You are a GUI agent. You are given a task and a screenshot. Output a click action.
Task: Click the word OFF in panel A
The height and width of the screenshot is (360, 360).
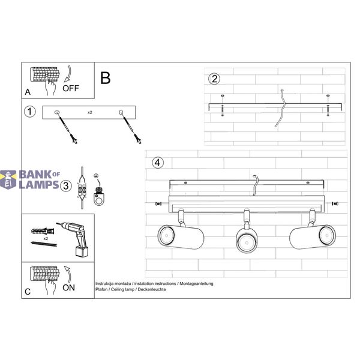[x=71, y=88]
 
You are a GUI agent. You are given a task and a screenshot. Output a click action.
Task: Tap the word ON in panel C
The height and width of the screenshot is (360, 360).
[x=68, y=287]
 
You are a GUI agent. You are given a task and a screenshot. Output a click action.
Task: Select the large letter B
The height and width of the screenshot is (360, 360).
[x=106, y=78]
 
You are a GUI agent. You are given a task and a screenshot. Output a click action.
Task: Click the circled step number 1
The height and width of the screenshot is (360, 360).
[x=30, y=112]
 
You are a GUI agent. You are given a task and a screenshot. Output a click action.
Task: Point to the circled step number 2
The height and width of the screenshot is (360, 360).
[x=214, y=79]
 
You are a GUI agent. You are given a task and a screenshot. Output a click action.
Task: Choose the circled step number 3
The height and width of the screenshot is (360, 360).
[x=66, y=185]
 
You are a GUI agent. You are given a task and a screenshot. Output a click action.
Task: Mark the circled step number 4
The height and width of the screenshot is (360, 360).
[x=158, y=163]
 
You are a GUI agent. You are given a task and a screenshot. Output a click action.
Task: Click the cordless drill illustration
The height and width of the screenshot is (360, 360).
[x=74, y=238]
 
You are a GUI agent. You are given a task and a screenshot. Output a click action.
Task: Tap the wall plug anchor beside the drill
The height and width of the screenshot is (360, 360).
[x=43, y=230]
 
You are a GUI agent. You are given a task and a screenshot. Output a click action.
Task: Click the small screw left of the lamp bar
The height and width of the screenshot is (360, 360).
[x=158, y=203]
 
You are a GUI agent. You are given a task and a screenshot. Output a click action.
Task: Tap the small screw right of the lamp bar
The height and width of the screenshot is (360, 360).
[x=335, y=203]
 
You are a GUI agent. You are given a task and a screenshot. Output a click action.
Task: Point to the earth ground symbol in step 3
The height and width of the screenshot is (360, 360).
[x=96, y=176]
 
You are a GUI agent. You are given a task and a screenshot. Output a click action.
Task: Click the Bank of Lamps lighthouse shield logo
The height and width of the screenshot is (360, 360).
[x=8, y=179]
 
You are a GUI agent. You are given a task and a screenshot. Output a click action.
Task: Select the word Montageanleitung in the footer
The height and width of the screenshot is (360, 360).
[x=196, y=284]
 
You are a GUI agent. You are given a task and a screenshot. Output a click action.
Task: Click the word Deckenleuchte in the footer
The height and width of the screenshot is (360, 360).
[x=152, y=290]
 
